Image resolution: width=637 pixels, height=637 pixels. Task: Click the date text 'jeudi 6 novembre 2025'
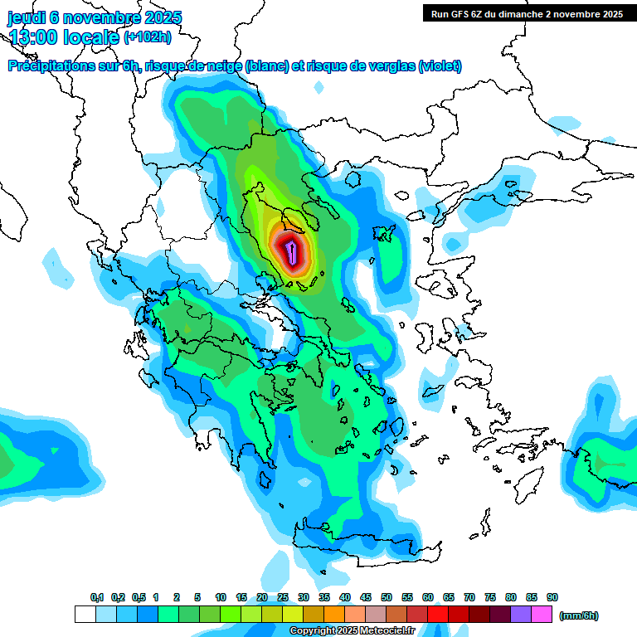95,17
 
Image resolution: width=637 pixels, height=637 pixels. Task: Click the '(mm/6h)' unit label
579,615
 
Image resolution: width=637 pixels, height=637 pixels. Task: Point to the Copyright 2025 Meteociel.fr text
352,631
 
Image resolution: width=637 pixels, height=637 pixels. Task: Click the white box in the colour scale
85,615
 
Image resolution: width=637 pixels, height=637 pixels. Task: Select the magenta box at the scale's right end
542,615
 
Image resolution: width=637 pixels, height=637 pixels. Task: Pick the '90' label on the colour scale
552,597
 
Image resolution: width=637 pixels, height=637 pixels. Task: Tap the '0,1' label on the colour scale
97,597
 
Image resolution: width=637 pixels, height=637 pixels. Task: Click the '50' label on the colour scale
387,597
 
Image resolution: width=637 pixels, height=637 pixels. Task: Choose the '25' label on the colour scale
283,597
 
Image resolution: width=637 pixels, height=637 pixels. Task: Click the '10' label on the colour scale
221,597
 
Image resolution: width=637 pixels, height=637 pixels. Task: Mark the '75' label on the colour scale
490,597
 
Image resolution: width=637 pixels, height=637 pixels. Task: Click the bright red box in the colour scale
439,615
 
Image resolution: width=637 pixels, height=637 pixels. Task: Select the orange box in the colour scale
335,615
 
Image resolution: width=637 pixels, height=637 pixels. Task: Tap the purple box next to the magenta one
522,615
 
